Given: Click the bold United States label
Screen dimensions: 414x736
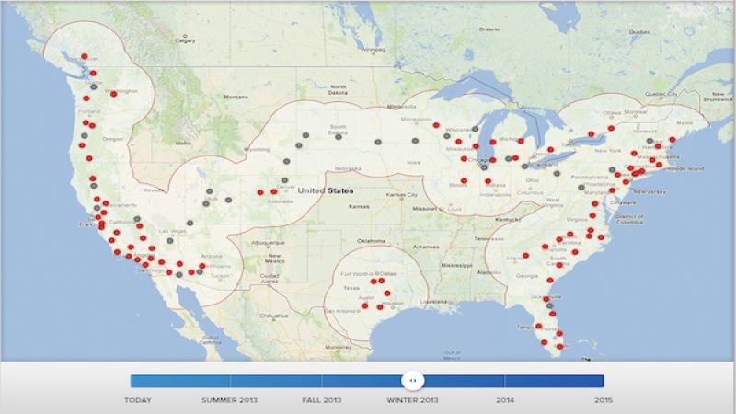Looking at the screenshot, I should (x=326, y=190).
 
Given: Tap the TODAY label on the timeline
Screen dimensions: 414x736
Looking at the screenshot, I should (x=140, y=400).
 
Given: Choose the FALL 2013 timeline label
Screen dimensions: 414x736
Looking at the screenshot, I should (x=322, y=400).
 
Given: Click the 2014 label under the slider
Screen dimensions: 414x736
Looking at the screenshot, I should (x=505, y=400).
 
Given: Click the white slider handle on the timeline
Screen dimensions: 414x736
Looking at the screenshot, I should (x=414, y=380).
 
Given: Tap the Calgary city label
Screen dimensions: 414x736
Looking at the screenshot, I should (x=186, y=40).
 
